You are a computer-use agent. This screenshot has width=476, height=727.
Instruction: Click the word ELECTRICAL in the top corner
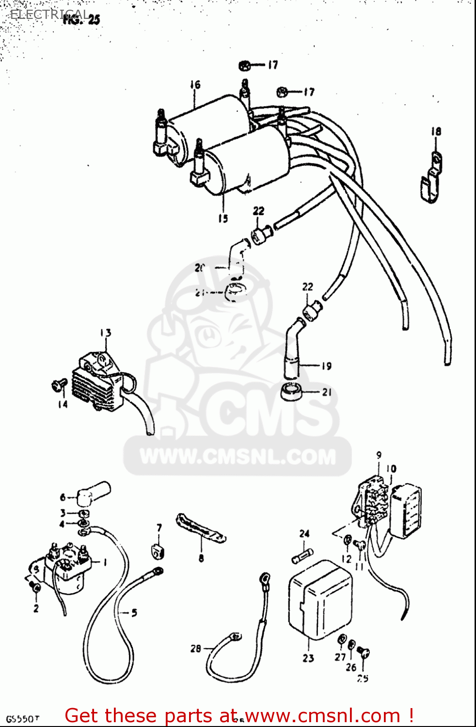[x=48, y=14]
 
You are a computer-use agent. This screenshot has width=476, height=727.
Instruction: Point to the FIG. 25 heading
[x=81, y=19]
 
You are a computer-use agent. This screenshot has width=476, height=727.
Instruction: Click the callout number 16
[x=195, y=85]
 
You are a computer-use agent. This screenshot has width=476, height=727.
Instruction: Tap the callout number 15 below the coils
[x=222, y=218]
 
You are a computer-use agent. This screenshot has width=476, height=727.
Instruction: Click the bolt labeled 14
[x=59, y=385]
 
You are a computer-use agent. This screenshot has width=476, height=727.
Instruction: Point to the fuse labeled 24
[x=303, y=555]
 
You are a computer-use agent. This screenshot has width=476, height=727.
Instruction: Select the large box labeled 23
[x=320, y=600]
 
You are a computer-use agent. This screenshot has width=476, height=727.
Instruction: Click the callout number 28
[x=195, y=648]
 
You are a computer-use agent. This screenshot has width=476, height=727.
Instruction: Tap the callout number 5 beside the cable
[x=134, y=613]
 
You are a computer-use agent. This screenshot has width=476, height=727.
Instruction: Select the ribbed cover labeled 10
[x=406, y=511]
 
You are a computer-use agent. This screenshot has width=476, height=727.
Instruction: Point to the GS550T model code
[x=22, y=719]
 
